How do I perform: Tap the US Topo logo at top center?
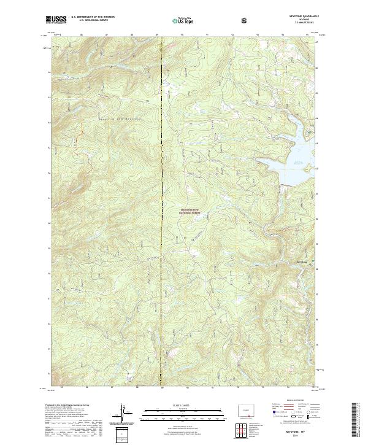coord(185,20)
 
